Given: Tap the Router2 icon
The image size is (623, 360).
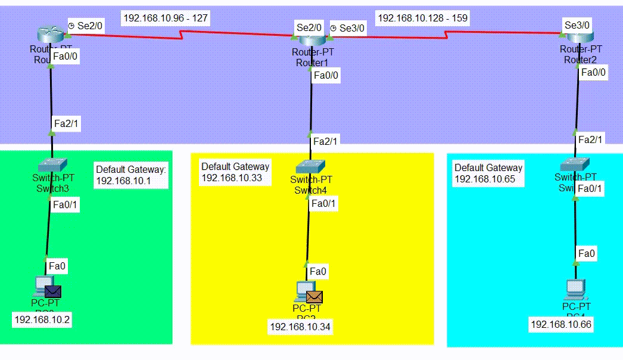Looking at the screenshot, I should [576, 37].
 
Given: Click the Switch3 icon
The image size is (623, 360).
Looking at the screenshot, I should [52, 165].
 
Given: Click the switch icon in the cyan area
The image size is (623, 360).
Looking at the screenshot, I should [574, 163].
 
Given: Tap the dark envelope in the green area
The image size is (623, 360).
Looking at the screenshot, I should [54, 291].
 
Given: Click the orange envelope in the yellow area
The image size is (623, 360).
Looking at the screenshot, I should [314, 296].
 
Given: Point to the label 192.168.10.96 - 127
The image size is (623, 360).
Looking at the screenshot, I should [166, 18].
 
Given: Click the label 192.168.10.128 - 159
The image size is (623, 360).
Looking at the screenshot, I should [422, 18].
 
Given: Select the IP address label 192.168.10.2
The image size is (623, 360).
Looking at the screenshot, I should [42, 320].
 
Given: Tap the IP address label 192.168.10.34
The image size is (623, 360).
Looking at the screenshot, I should [300, 326].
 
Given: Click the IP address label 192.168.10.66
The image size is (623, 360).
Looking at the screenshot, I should [561, 324].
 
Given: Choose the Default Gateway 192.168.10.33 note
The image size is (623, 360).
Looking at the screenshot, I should [235, 172].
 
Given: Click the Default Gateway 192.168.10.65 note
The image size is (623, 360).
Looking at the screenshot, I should [488, 173].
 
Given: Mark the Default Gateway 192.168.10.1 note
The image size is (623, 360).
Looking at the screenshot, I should [131, 175].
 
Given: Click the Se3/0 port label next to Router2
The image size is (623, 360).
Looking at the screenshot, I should [577, 25].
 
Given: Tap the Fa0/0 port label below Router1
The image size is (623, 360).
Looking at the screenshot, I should [326, 76].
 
